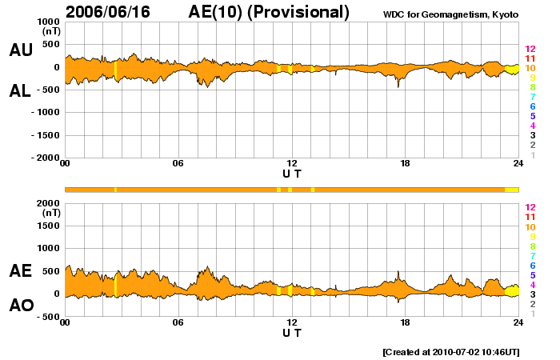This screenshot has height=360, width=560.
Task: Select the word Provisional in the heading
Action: pyautogui.click(x=305, y=12)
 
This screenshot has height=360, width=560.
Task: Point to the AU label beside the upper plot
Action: pyautogui.click(x=21, y=50)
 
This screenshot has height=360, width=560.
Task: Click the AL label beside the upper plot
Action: pyautogui.click(x=21, y=91)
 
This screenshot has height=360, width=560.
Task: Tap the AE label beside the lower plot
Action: pyautogui.click(x=21, y=271)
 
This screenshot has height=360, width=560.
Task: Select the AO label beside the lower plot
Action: pyautogui.click(x=21, y=306)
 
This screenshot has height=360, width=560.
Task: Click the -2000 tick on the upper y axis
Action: pyautogui.click(x=46, y=158)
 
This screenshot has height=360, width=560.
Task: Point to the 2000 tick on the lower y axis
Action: pyautogui.click(x=49, y=204)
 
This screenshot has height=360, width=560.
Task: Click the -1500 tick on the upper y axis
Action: pyautogui.click(x=46, y=135)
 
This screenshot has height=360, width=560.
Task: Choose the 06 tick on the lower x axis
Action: pyautogui.click(x=178, y=322)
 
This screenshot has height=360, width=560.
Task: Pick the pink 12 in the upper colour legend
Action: pyautogui.click(x=530, y=49)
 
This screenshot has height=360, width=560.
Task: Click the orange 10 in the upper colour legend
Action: pyautogui.click(x=530, y=68)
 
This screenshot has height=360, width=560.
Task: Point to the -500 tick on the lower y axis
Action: pyautogui.click(x=49, y=317)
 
